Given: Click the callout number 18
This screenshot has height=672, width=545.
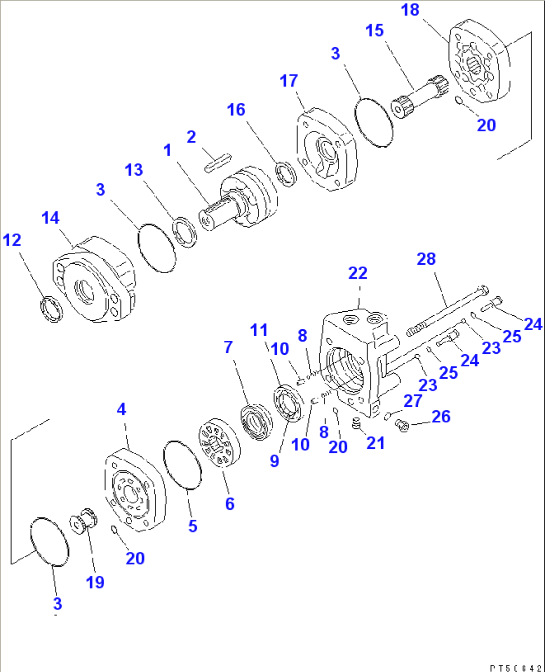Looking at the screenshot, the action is (410, 10).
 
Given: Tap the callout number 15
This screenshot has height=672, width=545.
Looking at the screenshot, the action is (374, 31).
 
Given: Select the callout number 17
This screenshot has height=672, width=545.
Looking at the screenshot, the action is (288, 81).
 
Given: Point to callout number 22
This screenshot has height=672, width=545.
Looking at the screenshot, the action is (358, 273).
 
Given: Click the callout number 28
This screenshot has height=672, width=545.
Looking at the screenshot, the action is (426, 259).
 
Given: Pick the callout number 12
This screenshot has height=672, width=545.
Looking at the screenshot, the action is (12, 240).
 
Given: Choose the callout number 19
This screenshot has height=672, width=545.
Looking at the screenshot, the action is (95, 582).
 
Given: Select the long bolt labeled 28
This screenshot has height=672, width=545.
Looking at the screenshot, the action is (447, 310).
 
